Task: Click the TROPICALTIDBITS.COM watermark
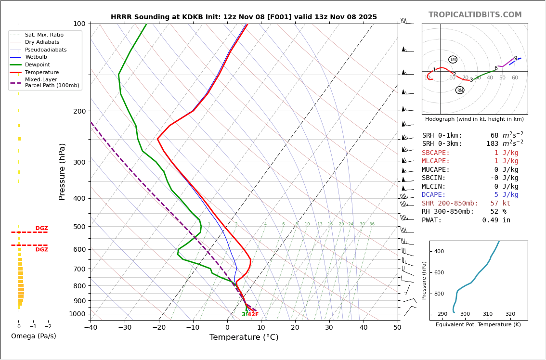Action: (x=475, y=15)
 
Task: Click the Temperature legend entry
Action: (x=41, y=73)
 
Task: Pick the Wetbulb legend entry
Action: (x=36, y=57)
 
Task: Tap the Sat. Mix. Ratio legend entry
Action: (x=44, y=35)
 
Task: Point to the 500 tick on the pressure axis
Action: (x=79, y=227)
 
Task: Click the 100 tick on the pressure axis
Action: (x=79, y=24)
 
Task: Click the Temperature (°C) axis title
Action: (x=244, y=338)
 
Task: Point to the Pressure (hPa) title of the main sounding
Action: (x=62, y=171)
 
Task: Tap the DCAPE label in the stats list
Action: (x=434, y=195)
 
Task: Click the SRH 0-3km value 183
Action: (x=492, y=144)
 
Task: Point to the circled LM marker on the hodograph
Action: (x=453, y=60)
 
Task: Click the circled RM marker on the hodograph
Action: (x=460, y=90)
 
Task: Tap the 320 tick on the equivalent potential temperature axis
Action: (x=510, y=314)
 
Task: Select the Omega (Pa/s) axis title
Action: (x=33, y=336)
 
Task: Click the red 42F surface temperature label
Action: (x=253, y=315)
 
